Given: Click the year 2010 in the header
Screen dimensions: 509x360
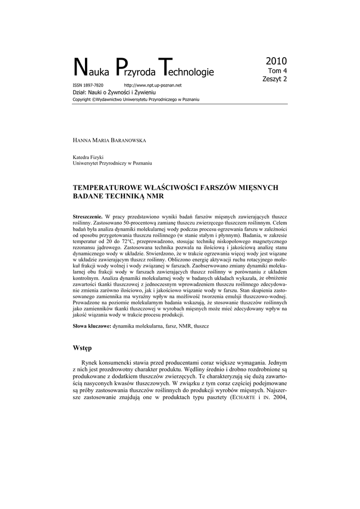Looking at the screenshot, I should click(276, 62).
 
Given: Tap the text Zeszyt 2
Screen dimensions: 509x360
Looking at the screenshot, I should click(274, 79).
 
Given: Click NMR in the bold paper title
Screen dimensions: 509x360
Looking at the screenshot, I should click(154, 196).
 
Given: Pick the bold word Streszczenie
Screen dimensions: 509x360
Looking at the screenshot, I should click(88, 217).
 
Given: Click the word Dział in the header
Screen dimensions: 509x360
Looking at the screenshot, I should click(80, 92).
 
